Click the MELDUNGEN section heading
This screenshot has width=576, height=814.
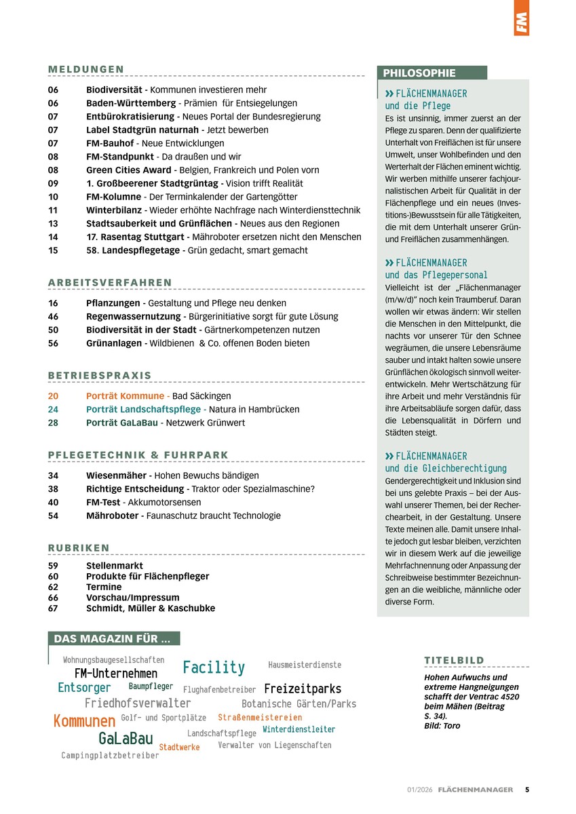(x=86, y=69)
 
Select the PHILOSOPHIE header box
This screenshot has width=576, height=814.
(x=431, y=73)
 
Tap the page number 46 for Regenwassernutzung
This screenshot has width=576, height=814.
(x=54, y=316)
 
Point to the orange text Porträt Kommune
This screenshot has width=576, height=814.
(x=125, y=396)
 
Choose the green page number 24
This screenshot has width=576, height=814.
(x=54, y=409)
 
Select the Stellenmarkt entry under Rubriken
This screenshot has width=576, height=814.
(x=114, y=565)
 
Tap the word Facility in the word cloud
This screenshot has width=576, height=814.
(x=214, y=667)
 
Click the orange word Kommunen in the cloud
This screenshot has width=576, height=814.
(x=84, y=720)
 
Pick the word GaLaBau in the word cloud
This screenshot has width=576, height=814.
(x=126, y=739)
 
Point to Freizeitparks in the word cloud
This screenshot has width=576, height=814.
(x=303, y=689)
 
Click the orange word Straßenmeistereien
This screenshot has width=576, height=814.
(x=260, y=717)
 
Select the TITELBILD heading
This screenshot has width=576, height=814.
(x=454, y=660)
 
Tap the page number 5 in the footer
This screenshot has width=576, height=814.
(x=527, y=790)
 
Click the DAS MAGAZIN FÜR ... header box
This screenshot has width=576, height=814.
(x=113, y=638)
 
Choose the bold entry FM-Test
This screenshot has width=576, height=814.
(x=103, y=502)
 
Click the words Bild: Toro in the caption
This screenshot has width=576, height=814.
(x=442, y=725)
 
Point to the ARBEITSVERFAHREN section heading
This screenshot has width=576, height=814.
(x=110, y=282)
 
